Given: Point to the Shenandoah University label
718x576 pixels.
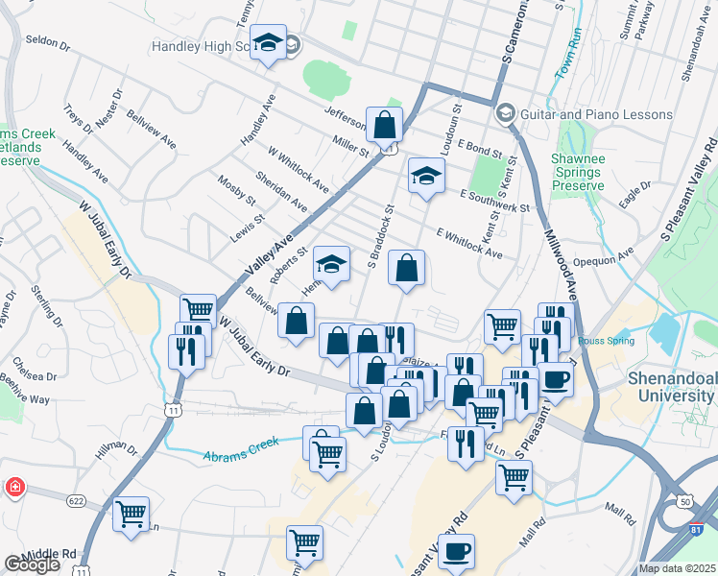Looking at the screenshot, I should pyautogui.click(x=671, y=384).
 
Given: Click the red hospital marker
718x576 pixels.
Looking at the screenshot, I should pyautogui.click(x=14, y=489).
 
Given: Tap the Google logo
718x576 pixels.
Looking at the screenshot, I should pyautogui.click(x=31, y=564).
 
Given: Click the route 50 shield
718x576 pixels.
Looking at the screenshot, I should pyautogui.click(x=683, y=501).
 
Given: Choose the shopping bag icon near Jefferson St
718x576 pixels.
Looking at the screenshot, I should pyautogui.click(x=384, y=125).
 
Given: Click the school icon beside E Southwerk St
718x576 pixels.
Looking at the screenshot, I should pyautogui.click(x=426, y=176).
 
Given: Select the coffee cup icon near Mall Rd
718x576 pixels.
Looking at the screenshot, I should pyautogui.click(x=457, y=552).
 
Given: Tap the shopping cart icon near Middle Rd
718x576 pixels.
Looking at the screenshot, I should pyautogui.click(x=132, y=514).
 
